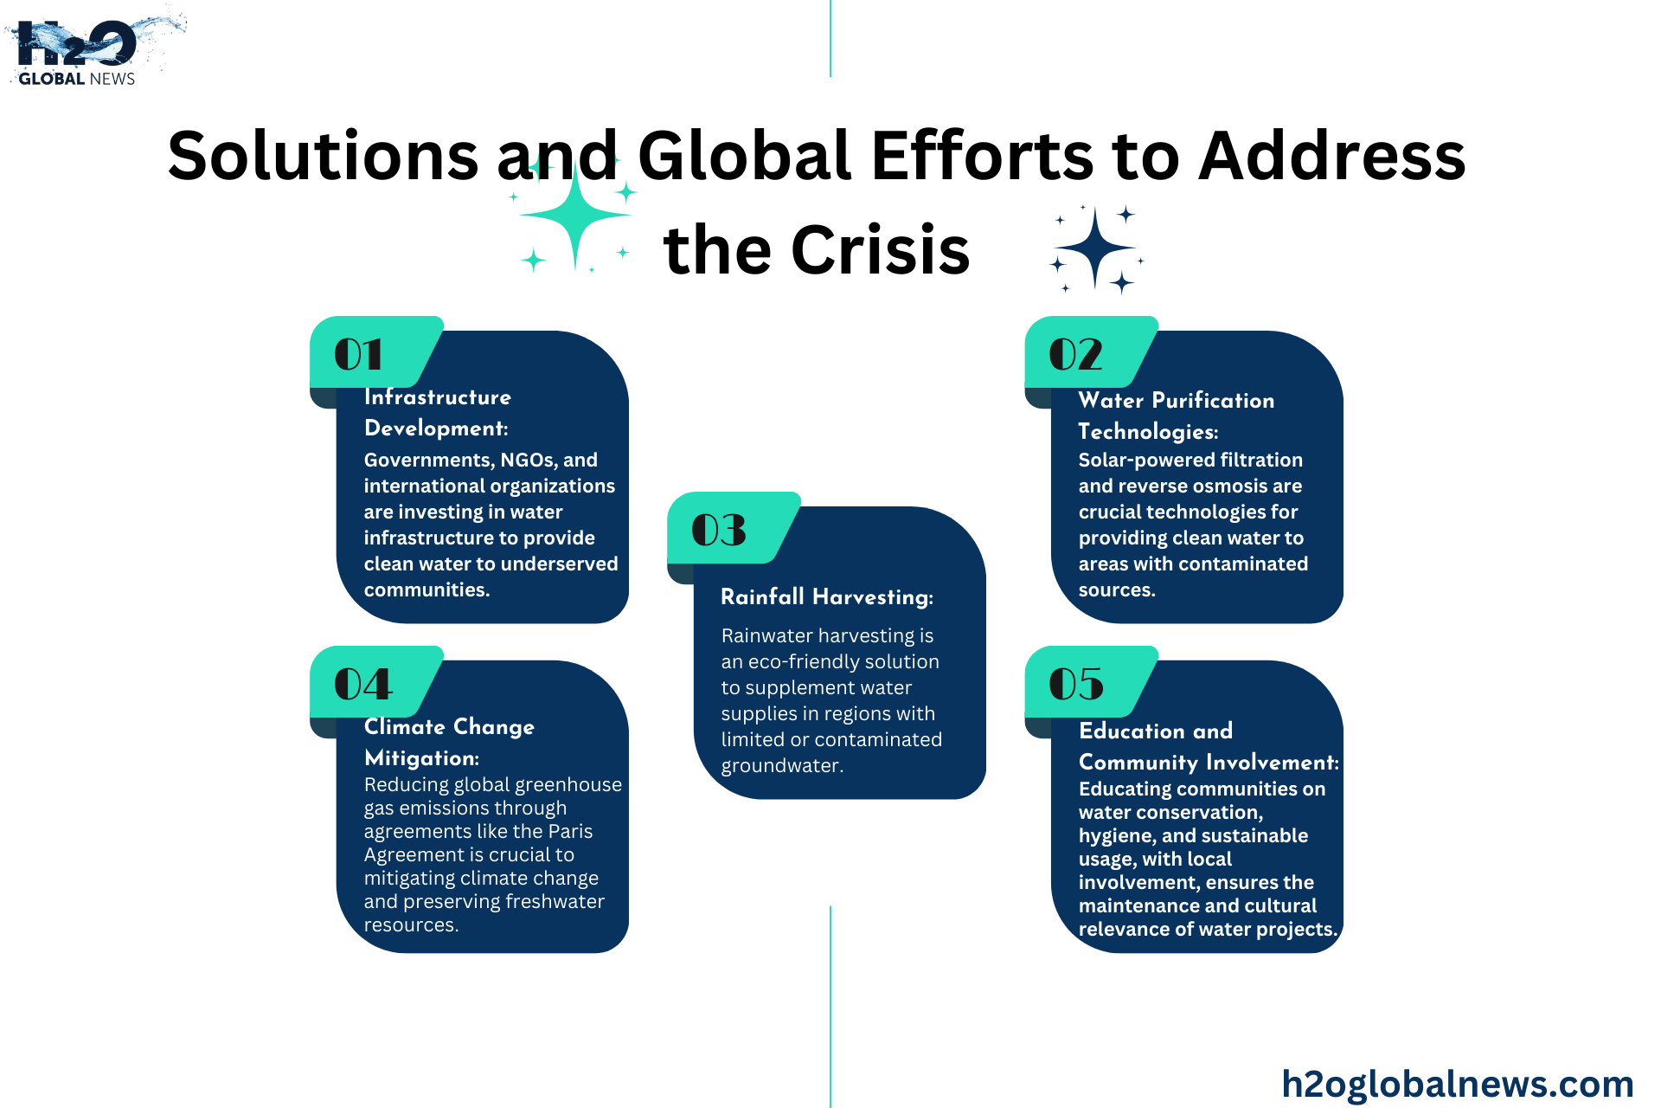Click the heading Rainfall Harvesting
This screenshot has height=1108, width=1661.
coord(827,597)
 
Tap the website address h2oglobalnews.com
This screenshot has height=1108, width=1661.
coord(1458,1083)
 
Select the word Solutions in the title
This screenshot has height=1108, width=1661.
coord(324,156)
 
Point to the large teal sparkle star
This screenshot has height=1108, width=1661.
coord(575,215)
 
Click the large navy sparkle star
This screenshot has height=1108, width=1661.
coord(1095,248)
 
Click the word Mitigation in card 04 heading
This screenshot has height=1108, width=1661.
coord(421,758)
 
